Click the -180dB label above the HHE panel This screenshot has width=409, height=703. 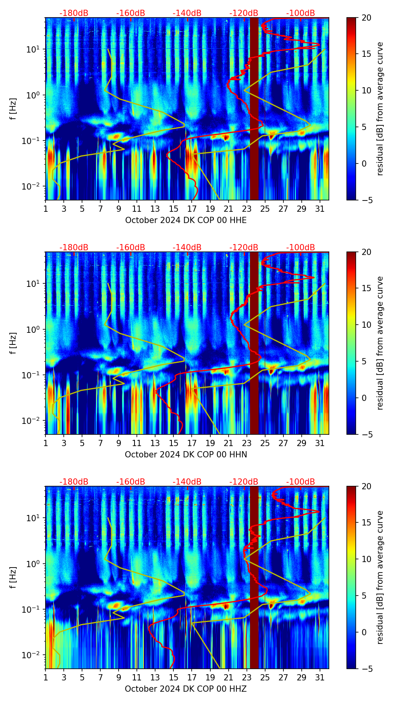point(74,13)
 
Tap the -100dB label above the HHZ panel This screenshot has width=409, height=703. point(301,482)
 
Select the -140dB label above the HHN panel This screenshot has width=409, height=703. point(187,248)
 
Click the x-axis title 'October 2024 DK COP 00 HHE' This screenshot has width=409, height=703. point(186,220)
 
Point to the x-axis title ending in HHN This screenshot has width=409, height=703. point(186,455)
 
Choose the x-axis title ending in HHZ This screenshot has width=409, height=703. point(186,689)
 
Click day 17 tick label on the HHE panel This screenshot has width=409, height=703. point(192,209)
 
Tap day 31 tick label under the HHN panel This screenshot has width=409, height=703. point(320,443)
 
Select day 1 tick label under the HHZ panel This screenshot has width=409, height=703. point(46,677)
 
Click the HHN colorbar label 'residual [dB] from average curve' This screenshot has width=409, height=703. point(380,343)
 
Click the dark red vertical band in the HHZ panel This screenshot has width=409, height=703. point(254,577)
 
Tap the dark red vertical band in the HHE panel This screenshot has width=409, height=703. point(254,109)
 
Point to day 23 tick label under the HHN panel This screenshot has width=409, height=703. point(247,443)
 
